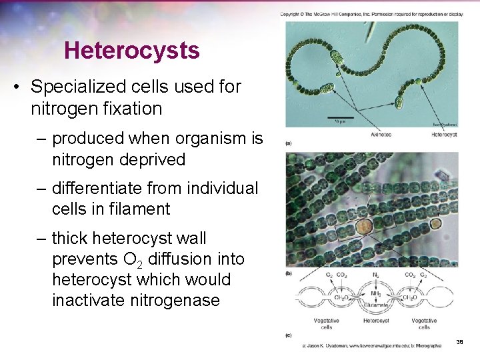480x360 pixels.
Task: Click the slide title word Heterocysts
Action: [132, 50]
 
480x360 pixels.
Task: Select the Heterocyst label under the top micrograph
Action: [443, 134]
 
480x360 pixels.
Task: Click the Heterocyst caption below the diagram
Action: [376, 321]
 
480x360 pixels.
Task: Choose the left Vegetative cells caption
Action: [326, 324]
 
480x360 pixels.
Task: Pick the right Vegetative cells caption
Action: [425, 324]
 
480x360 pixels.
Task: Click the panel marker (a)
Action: [288, 143]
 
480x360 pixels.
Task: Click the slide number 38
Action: [459, 342]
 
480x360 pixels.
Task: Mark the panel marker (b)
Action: [288, 273]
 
